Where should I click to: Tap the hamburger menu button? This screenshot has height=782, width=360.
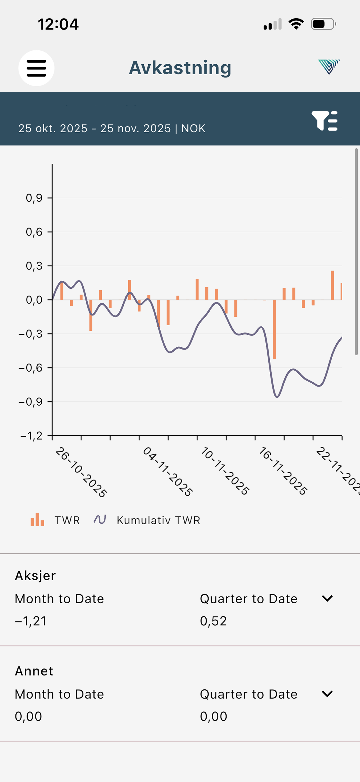pyautogui.click(x=36, y=68)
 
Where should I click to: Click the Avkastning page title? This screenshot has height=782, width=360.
pyautogui.click(x=180, y=68)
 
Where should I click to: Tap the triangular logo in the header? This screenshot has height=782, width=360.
pyautogui.click(x=329, y=67)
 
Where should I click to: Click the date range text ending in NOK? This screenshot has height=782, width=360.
pyautogui.click(x=112, y=128)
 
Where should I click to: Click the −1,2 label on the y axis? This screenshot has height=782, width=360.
pyautogui.click(x=31, y=436)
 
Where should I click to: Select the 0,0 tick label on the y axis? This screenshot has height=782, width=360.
pyautogui.click(x=34, y=300)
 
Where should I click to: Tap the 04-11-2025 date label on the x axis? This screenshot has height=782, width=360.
pyautogui.click(x=167, y=471)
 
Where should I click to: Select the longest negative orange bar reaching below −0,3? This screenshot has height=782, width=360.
pyautogui.click(x=274, y=329)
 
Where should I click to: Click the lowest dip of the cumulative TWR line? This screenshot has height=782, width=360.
pyautogui.click(x=277, y=397)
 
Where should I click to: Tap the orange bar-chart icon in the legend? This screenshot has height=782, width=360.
pyautogui.click(x=37, y=519)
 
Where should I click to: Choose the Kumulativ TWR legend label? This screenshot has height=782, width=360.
pyautogui.click(x=159, y=520)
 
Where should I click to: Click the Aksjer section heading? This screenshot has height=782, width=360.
pyautogui.click(x=35, y=576)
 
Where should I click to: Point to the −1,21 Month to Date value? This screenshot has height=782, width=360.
pyautogui.click(x=31, y=621)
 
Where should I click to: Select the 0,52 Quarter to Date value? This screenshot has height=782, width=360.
pyautogui.click(x=213, y=621)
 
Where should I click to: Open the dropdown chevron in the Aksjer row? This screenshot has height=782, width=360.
pyautogui.click(x=327, y=598)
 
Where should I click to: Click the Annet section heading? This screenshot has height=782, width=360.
pyautogui.click(x=34, y=671)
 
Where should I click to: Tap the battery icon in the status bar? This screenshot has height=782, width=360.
pyautogui.click(x=323, y=24)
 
